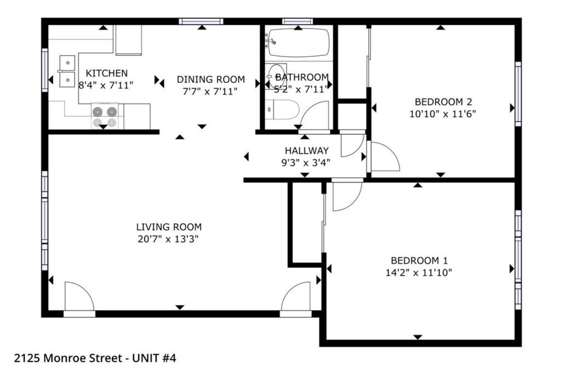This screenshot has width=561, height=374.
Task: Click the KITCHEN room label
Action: [107, 73]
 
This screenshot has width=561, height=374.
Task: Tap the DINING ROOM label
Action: [211, 79]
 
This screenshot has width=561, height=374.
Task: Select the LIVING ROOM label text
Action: [169, 227]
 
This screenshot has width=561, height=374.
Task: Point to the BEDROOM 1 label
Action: [419, 261]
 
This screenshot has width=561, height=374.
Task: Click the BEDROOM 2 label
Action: [443, 102]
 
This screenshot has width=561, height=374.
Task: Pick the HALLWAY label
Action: [307, 151]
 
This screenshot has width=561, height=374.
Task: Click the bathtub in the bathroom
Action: [299, 43]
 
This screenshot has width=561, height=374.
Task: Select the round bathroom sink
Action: [277, 76]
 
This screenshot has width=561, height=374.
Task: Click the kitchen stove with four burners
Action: [105, 116]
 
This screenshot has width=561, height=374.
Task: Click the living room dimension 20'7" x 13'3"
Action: [168, 239]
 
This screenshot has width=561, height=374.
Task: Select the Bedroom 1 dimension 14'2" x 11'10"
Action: [419, 273]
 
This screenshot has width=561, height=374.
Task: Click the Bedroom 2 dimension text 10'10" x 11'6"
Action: [443, 114]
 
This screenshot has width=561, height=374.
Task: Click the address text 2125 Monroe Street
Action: [68, 358]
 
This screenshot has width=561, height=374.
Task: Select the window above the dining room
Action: [201, 21]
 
